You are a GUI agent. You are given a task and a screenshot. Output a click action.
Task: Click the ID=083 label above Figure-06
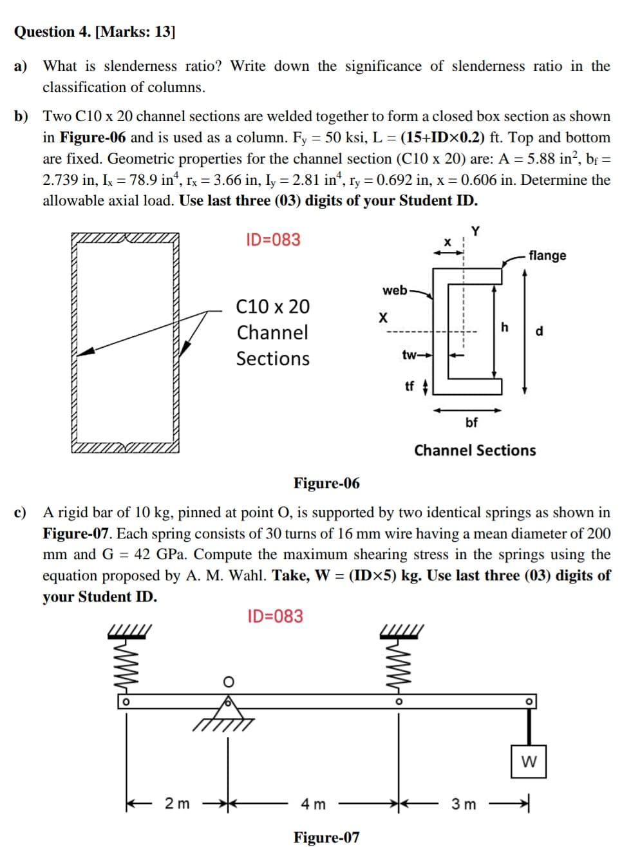click(273, 240)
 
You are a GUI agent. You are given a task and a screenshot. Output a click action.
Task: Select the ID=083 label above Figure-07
click(275, 616)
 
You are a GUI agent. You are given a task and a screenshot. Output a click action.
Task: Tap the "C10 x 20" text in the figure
click(273, 306)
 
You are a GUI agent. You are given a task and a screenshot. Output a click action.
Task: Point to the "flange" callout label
click(547, 255)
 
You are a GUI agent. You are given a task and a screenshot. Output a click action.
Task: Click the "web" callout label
click(395, 290)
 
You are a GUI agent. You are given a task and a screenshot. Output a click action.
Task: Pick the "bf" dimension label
click(471, 423)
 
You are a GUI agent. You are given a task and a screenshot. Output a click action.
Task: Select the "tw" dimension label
click(409, 355)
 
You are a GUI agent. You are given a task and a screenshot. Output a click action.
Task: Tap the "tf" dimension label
click(410, 386)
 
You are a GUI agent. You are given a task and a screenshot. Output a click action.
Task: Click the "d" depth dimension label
click(540, 332)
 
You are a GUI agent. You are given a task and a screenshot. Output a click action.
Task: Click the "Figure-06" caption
click(326, 483)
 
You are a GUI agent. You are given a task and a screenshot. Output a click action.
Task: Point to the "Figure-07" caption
click(326, 837)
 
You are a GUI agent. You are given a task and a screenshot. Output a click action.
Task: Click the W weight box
click(529, 762)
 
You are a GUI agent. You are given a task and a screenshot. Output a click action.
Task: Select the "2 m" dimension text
click(177, 803)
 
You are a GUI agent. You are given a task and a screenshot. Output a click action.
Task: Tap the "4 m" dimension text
click(314, 804)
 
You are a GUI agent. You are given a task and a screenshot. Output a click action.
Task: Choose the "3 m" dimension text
click(464, 804)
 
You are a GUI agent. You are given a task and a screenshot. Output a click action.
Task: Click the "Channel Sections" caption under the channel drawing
click(475, 450)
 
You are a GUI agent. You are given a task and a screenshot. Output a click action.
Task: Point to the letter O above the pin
click(227, 681)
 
